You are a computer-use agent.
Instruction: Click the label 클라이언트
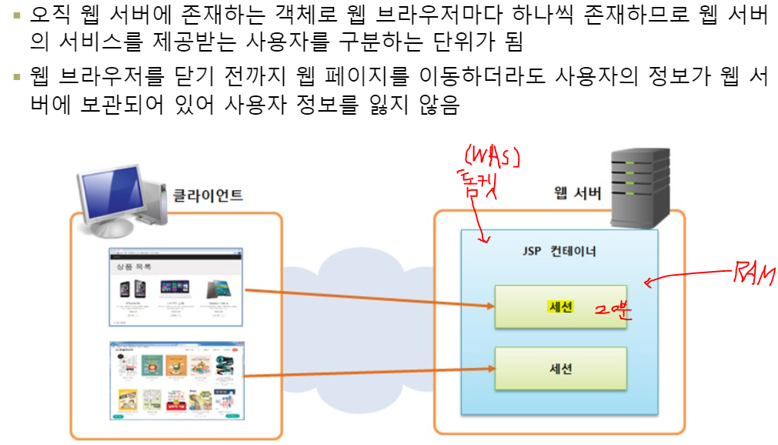tap(207, 196)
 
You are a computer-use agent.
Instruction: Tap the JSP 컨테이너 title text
tap(559, 252)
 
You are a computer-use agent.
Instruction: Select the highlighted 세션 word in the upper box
tap(560, 306)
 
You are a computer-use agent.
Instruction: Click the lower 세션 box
tap(560, 369)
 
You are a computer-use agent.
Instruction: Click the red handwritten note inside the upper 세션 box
tap(612, 310)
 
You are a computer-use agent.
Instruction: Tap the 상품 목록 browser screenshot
tap(176, 286)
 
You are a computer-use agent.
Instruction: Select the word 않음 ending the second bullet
tap(436, 105)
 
